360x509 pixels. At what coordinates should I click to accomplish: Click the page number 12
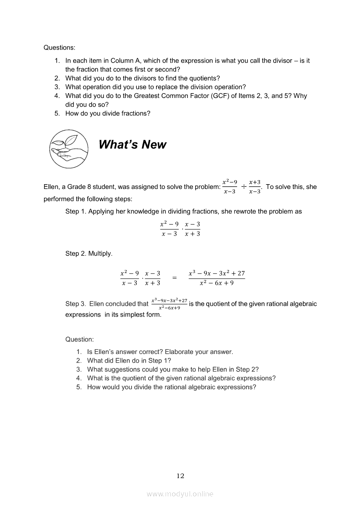click(180, 476)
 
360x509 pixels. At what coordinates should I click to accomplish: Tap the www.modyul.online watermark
click(180, 494)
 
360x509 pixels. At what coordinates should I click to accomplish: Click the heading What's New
click(132, 145)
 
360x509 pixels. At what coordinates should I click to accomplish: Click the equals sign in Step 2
click(174, 278)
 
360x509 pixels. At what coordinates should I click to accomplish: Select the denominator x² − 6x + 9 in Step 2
click(217, 283)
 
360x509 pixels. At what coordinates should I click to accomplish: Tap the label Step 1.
click(75, 212)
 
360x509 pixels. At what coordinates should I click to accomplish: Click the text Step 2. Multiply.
click(89, 253)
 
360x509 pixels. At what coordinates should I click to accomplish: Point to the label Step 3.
click(75, 304)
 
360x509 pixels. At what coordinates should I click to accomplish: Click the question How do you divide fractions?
click(108, 113)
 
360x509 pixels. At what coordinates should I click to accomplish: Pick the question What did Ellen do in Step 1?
click(129, 361)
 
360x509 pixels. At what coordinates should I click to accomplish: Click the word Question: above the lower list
click(79, 339)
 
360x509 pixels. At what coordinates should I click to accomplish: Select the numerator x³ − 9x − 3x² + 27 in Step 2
click(217, 273)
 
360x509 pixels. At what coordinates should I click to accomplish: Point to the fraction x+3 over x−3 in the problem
click(255, 187)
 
